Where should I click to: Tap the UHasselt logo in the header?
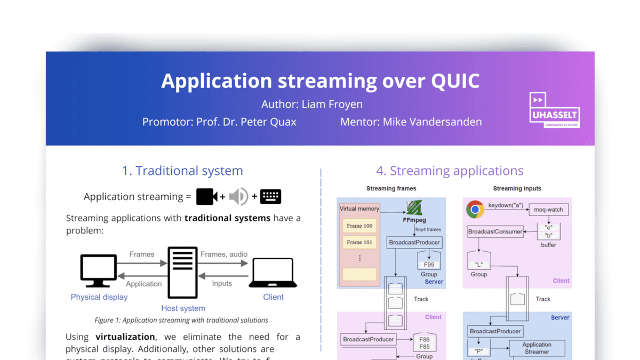point(554,110)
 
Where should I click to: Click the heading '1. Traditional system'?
point(182,171)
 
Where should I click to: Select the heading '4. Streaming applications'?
point(450,171)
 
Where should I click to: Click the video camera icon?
point(206,197)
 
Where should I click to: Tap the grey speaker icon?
point(238,197)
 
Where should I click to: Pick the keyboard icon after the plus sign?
point(270,196)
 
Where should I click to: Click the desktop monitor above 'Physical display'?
point(99,271)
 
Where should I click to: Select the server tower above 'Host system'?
point(182,272)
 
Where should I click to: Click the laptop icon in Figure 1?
point(273,273)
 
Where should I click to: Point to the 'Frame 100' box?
point(359,226)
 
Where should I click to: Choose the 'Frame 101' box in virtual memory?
point(359,242)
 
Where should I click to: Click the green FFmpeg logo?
point(414,207)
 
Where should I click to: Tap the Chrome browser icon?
point(475,209)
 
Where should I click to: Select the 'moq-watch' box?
point(548,210)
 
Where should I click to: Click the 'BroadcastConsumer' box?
point(495,231)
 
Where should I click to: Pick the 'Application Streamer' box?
point(537,348)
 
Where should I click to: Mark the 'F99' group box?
point(429,264)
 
